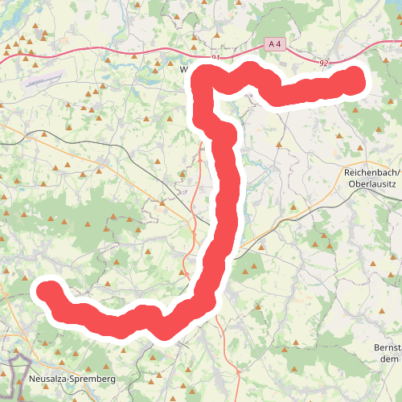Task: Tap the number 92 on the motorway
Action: click(x=323, y=62)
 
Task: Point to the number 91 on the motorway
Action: click(x=215, y=58)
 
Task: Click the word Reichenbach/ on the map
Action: click(x=371, y=172)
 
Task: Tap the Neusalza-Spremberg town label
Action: click(x=72, y=378)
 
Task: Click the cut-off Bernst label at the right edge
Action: click(x=388, y=347)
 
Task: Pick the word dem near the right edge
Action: click(x=389, y=359)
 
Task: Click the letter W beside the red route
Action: click(x=184, y=69)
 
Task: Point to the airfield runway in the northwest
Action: click(x=43, y=80)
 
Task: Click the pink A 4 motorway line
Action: click(x=121, y=51)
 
